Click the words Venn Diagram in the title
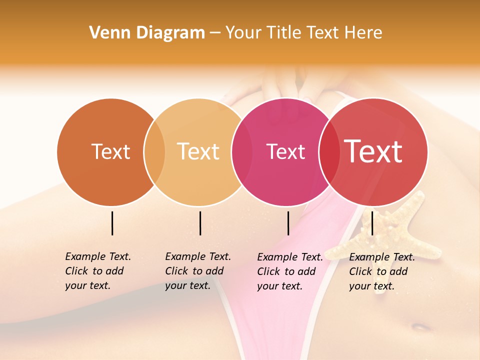[147, 33]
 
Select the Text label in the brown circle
[110, 151]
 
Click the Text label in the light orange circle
[198, 151]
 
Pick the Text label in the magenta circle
[285, 151]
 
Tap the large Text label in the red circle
[373, 151]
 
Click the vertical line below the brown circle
[112, 223]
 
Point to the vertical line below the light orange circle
[200, 223]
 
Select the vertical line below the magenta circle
[288, 223]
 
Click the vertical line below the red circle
[372, 223]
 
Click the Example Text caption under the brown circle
[97, 271]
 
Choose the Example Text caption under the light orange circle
[197, 271]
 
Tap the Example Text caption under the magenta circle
[289, 271]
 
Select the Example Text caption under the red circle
[381, 271]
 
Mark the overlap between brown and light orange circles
[154, 151]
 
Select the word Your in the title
[243, 33]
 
